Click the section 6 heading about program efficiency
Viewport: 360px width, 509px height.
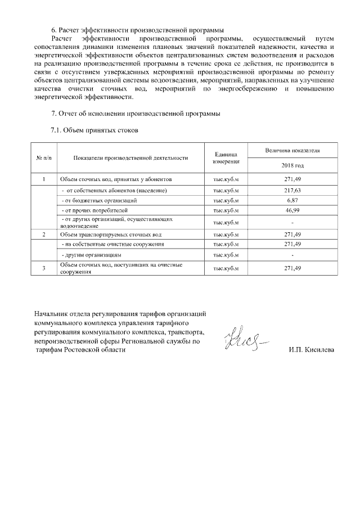tap(137, 29)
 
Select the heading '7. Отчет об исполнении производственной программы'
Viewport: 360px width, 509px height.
tap(135, 114)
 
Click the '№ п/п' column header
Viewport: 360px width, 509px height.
tap(44, 158)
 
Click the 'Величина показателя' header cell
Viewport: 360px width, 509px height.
tap(292, 151)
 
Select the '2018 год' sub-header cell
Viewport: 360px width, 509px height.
tap(292, 166)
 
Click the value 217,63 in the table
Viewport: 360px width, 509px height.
tap(292, 190)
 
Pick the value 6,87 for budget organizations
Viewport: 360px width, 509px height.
tap(292, 200)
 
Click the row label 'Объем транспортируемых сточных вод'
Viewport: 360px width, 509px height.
tap(111, 234)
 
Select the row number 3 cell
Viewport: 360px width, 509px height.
tap(44, 268)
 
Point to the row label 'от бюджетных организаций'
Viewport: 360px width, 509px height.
tap(99, 200)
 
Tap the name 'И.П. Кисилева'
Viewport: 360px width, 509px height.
tap(311, 350)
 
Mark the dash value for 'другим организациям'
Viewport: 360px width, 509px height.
tap(292, 255)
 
